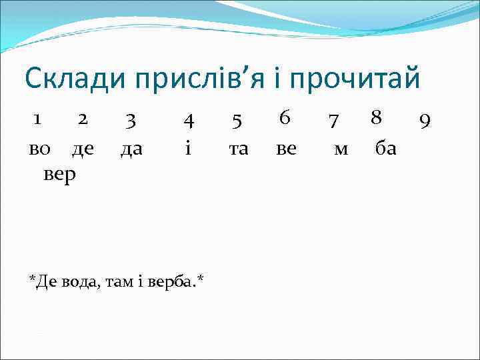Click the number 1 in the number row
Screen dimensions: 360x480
(x=38, y=119)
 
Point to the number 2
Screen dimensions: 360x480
(x=82, y=119)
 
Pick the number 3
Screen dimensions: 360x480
(x=131, y=120)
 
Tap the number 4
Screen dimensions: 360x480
(x=189, y=121)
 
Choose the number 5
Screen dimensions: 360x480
(x=237, y=121)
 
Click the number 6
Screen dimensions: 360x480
(x=285, y=118)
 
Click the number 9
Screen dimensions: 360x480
(x=425, y=121)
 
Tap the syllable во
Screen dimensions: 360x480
(x=39, y=149)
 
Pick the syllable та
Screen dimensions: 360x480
(x=238, y=149)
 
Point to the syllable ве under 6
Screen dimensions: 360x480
(x=286, y=149)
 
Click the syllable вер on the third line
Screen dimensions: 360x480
(x=59, y=175)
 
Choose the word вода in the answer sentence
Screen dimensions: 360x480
(x=83, y=283)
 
